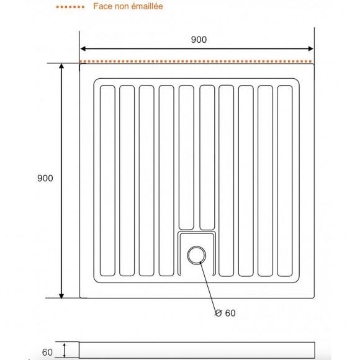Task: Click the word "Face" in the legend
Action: coord(102,7)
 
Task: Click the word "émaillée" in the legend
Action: coord(147,7)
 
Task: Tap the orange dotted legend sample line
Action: coord(70,7)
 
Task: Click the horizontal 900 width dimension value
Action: coord(199,40)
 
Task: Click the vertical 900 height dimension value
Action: coord(45,178)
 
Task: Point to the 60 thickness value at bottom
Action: coord(48,352)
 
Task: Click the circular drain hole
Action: coord(197,254)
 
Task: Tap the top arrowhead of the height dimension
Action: coord(61,66)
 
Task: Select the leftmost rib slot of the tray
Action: coord(107,180)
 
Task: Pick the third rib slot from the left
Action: coord(146,180)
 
